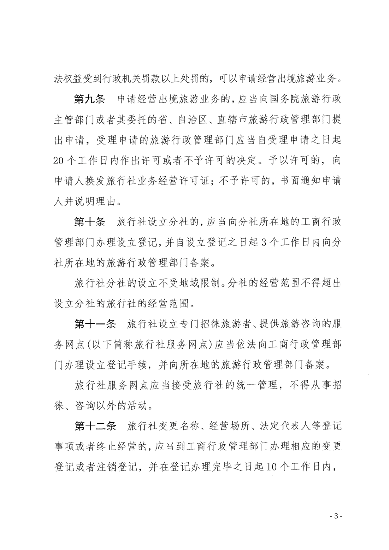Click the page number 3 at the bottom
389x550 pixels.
tap(337, 516)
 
